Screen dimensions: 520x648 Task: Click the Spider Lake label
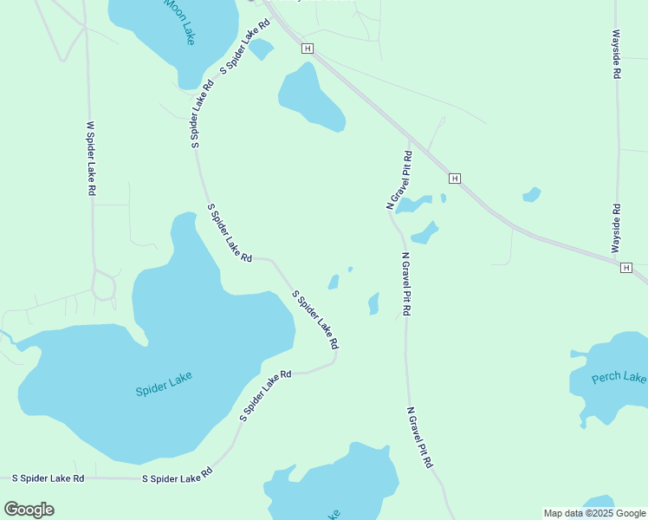163,384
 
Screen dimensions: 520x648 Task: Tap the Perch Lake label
619,378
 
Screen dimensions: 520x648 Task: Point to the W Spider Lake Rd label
90,158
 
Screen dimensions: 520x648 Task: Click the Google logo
29,509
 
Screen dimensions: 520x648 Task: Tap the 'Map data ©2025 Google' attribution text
595,513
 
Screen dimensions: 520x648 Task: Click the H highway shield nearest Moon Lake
307,49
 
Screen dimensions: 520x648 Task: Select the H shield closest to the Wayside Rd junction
625,268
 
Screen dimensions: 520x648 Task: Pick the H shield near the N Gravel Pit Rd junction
454,178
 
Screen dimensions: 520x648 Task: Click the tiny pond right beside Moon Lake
261,49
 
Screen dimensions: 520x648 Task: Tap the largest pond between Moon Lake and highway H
310,97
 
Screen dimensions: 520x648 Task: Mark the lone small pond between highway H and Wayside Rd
532,195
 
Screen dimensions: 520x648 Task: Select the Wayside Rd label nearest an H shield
616,229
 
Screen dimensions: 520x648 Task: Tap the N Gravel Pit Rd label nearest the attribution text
419,437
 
